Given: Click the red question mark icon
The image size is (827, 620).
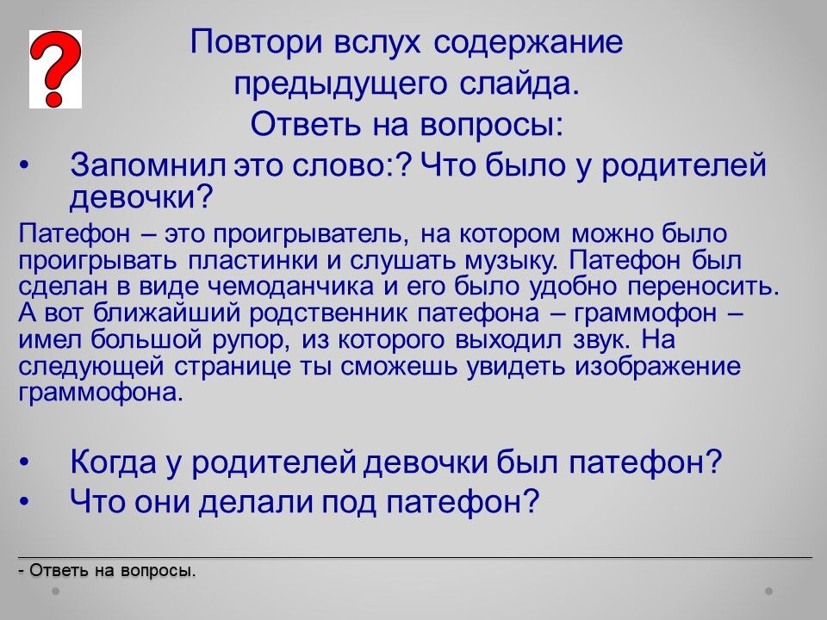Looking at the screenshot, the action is (55, 69).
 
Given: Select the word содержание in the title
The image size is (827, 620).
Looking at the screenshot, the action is (528, 43).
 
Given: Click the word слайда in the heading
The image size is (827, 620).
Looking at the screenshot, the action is (519, 84).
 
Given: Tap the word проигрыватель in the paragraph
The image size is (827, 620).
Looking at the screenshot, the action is (311, 234).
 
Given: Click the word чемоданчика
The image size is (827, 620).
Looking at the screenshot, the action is (291, 287).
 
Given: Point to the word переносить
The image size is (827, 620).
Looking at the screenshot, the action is (703, 287).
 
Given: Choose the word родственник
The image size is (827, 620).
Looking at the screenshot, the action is (328, 313).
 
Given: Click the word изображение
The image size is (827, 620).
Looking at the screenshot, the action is (657, 367).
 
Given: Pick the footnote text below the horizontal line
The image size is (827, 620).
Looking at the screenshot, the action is (107, 570).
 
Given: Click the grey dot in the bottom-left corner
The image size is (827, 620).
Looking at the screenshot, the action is (56, 591).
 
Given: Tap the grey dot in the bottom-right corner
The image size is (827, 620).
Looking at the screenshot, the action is (769, 591).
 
